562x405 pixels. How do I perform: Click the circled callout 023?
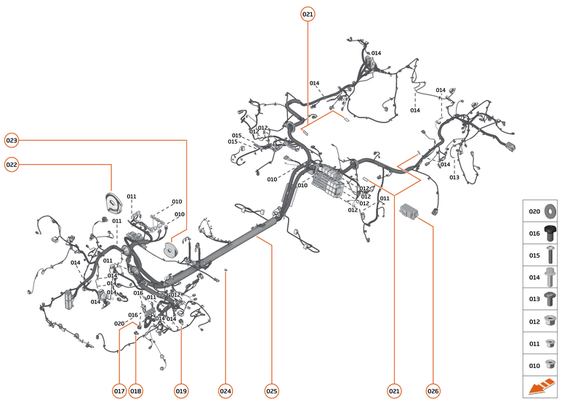pyautogui.click(x=12, y=140)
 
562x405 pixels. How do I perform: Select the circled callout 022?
pyautogui.click(x=12, y=165)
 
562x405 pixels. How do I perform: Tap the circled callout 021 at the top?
pyautogui.click(x=308, y=15)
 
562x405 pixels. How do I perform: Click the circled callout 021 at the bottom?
pyautogui.click(x=394, y=391)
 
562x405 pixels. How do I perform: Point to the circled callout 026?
pyautogui.click(x=433, y=391)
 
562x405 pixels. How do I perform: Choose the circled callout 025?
pyautogui.click(x=272, y=391)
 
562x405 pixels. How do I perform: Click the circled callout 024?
pyautogui.click(x=225, y=391)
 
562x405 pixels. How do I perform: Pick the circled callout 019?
pyautogui.click(x=181, y=391)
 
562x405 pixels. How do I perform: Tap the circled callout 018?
pyautogui.click(x=135, y=391)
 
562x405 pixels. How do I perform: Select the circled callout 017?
pyautogui.click(x=119, y=391)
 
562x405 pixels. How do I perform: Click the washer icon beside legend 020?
pyautogui.click(x=550, y=211)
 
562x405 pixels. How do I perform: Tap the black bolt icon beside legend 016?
pyautogui.click(x=550, y=233)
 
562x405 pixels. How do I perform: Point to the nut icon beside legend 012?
pyautogui.click(x=550, y=321)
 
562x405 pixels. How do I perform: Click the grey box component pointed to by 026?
pyautogui.click(x=409, y=210)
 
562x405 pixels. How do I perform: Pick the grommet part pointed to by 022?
pyautogui.click(x=113, y=203)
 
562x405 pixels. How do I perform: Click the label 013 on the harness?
pyautogui.click(x=454, y=177)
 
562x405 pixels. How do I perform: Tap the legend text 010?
pyautogui.click(x=534, y=366)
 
